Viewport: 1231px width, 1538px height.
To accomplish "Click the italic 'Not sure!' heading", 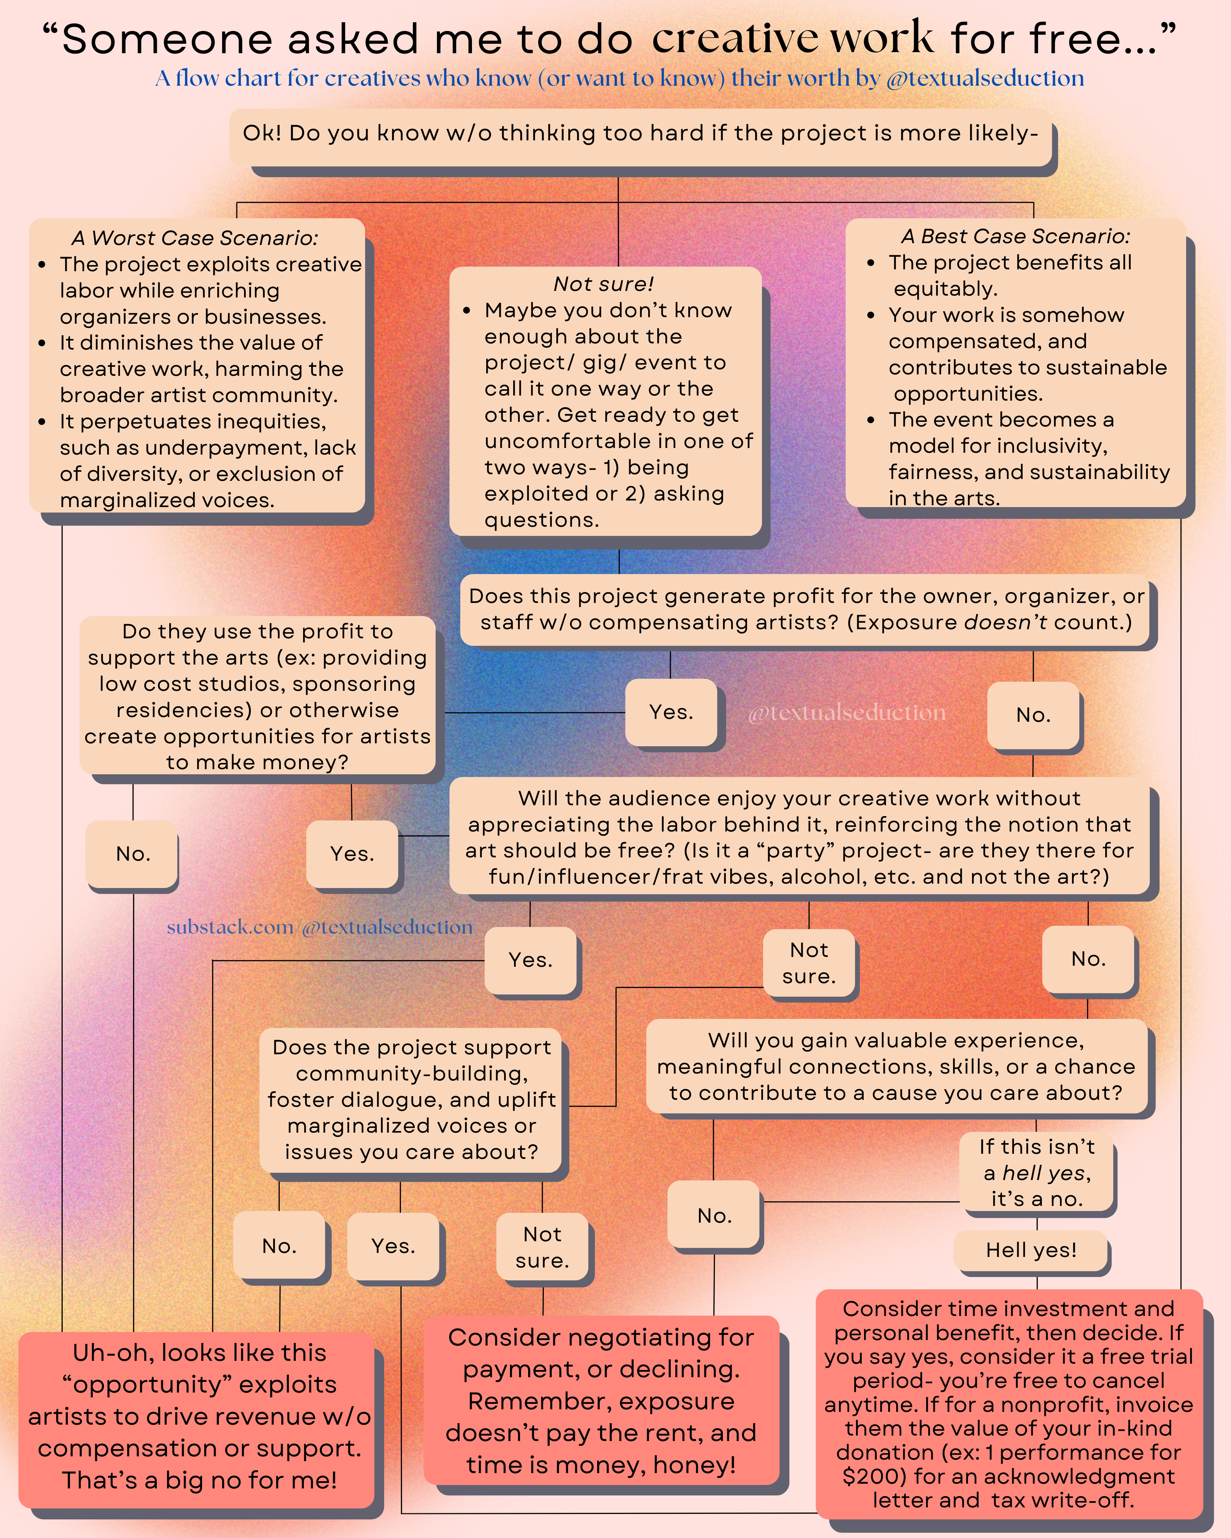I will pyautogui.click(x=604, y=284).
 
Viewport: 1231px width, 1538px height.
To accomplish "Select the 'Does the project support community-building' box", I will pyautogui.click(x=411, y=1099).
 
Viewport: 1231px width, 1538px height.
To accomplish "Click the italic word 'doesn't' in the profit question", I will pyautogui.click(x=1006, y=622).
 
